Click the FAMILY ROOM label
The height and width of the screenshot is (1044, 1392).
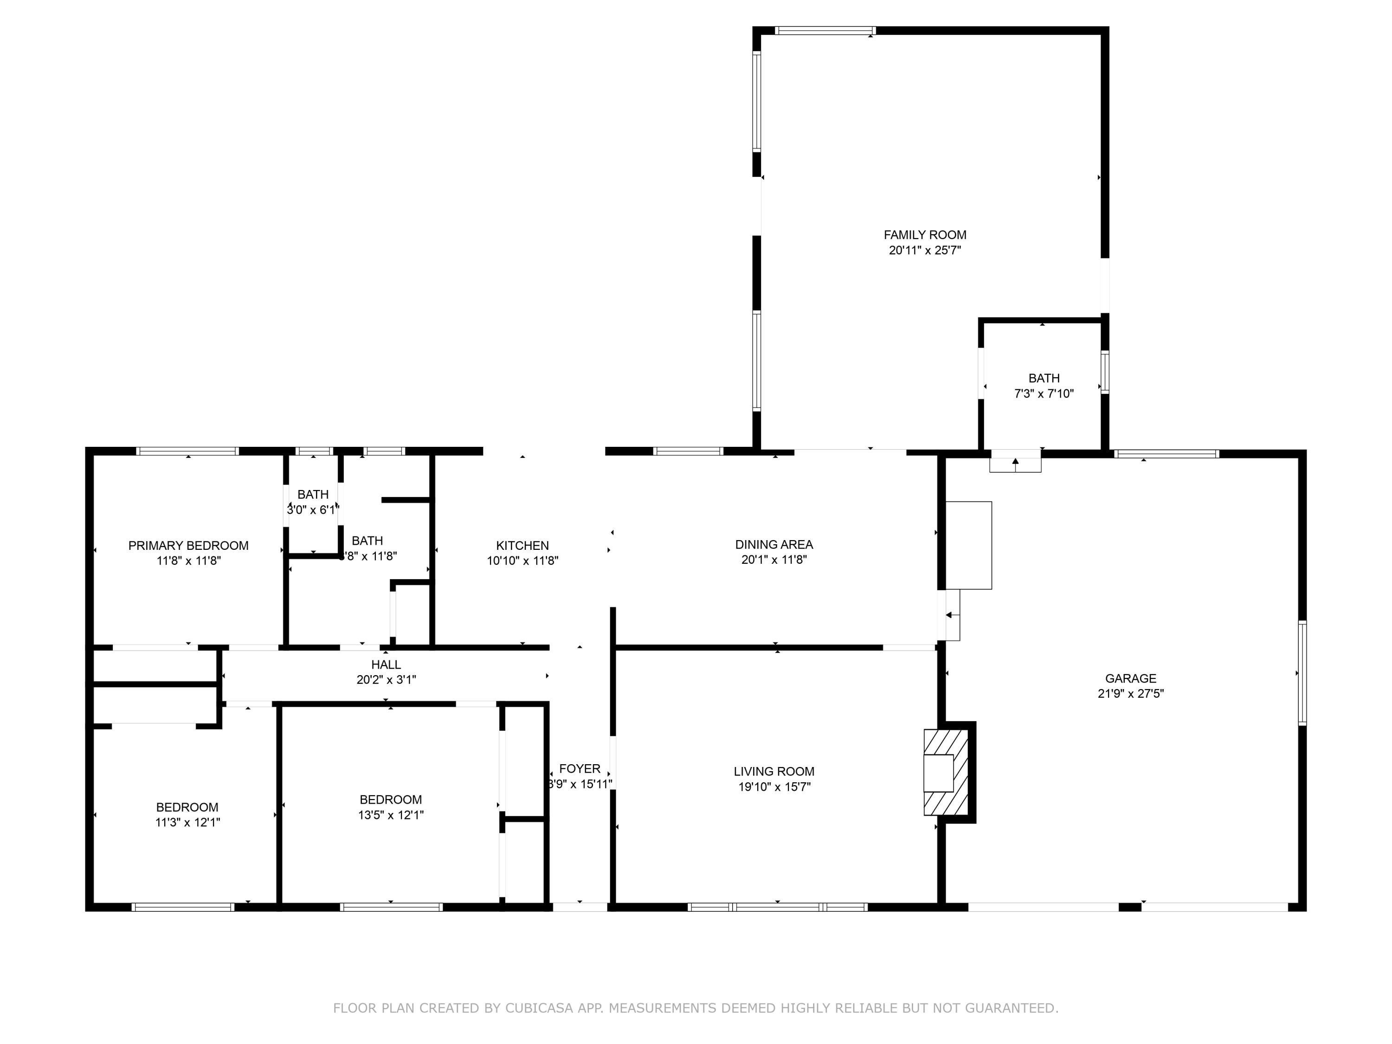coord(924,235)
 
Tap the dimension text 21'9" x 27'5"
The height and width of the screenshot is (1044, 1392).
coord(1130,694)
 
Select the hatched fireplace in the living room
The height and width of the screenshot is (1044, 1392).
coord(945,772)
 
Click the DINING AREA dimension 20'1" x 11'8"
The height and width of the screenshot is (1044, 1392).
coord(773,560)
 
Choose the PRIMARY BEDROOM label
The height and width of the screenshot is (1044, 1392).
coord(188,546)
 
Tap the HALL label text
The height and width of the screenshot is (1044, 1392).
coord(386,664)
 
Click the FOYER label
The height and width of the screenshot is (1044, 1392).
coord(580,768)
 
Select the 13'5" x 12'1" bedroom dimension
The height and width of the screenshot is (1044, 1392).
coord(390,815)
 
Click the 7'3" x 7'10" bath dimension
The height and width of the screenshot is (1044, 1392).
coord(1044,394)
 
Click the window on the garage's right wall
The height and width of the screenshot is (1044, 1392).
coord(1302,673)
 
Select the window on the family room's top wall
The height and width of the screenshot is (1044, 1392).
coord(825,30)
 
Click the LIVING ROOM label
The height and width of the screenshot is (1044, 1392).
coord(773,772)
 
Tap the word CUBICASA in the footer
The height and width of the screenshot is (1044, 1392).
coord(539,1008)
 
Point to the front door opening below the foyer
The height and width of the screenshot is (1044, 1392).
coord(580,907)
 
